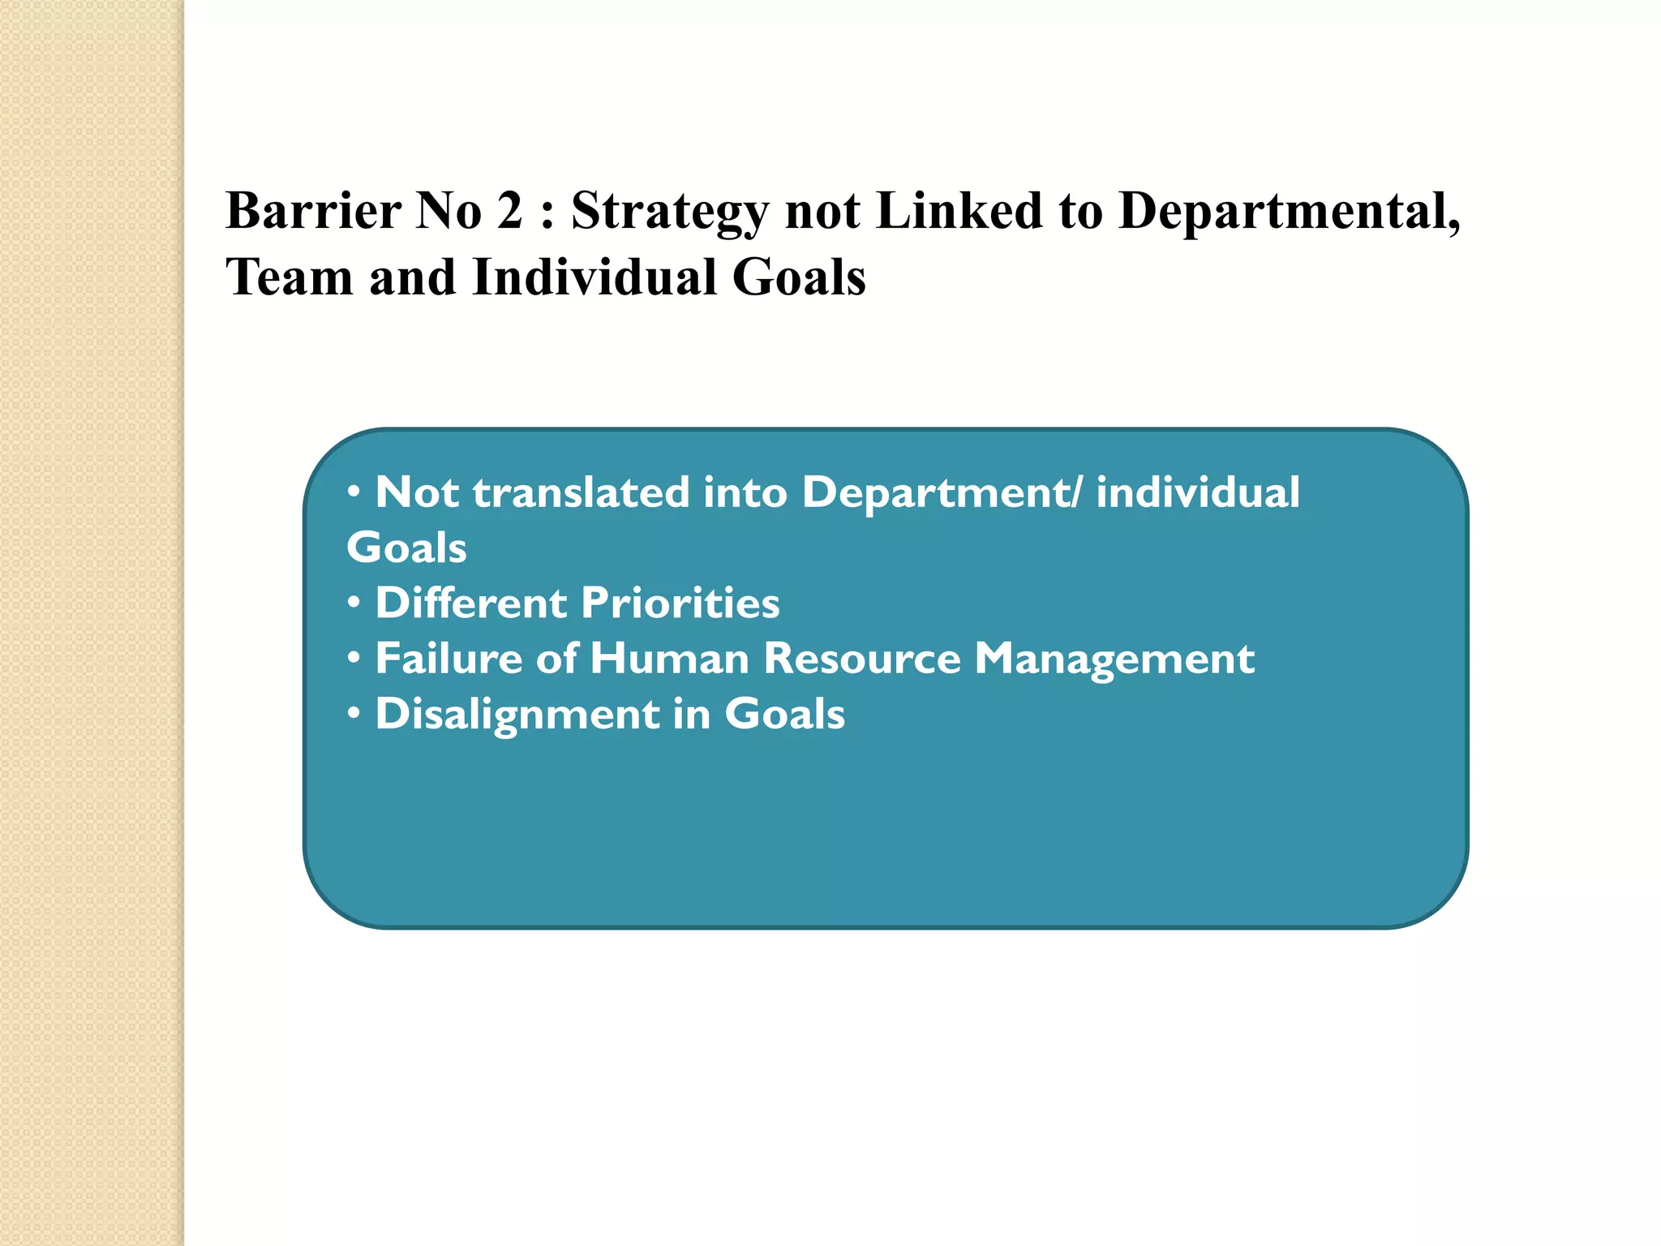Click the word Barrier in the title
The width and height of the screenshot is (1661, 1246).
313,211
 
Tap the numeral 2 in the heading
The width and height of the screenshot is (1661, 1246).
509,211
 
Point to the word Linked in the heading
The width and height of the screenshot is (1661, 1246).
959,211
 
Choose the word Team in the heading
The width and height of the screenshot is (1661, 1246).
290,277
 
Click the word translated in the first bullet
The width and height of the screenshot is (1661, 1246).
581,492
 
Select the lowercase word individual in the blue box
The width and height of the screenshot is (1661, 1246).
1198,492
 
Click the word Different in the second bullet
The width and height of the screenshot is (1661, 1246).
471,604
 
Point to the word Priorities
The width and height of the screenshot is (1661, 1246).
680,604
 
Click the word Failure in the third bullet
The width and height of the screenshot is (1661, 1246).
449,659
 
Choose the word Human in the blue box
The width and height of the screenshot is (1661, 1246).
669,659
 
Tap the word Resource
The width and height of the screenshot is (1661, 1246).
862,659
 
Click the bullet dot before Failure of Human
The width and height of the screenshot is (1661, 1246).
354,660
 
